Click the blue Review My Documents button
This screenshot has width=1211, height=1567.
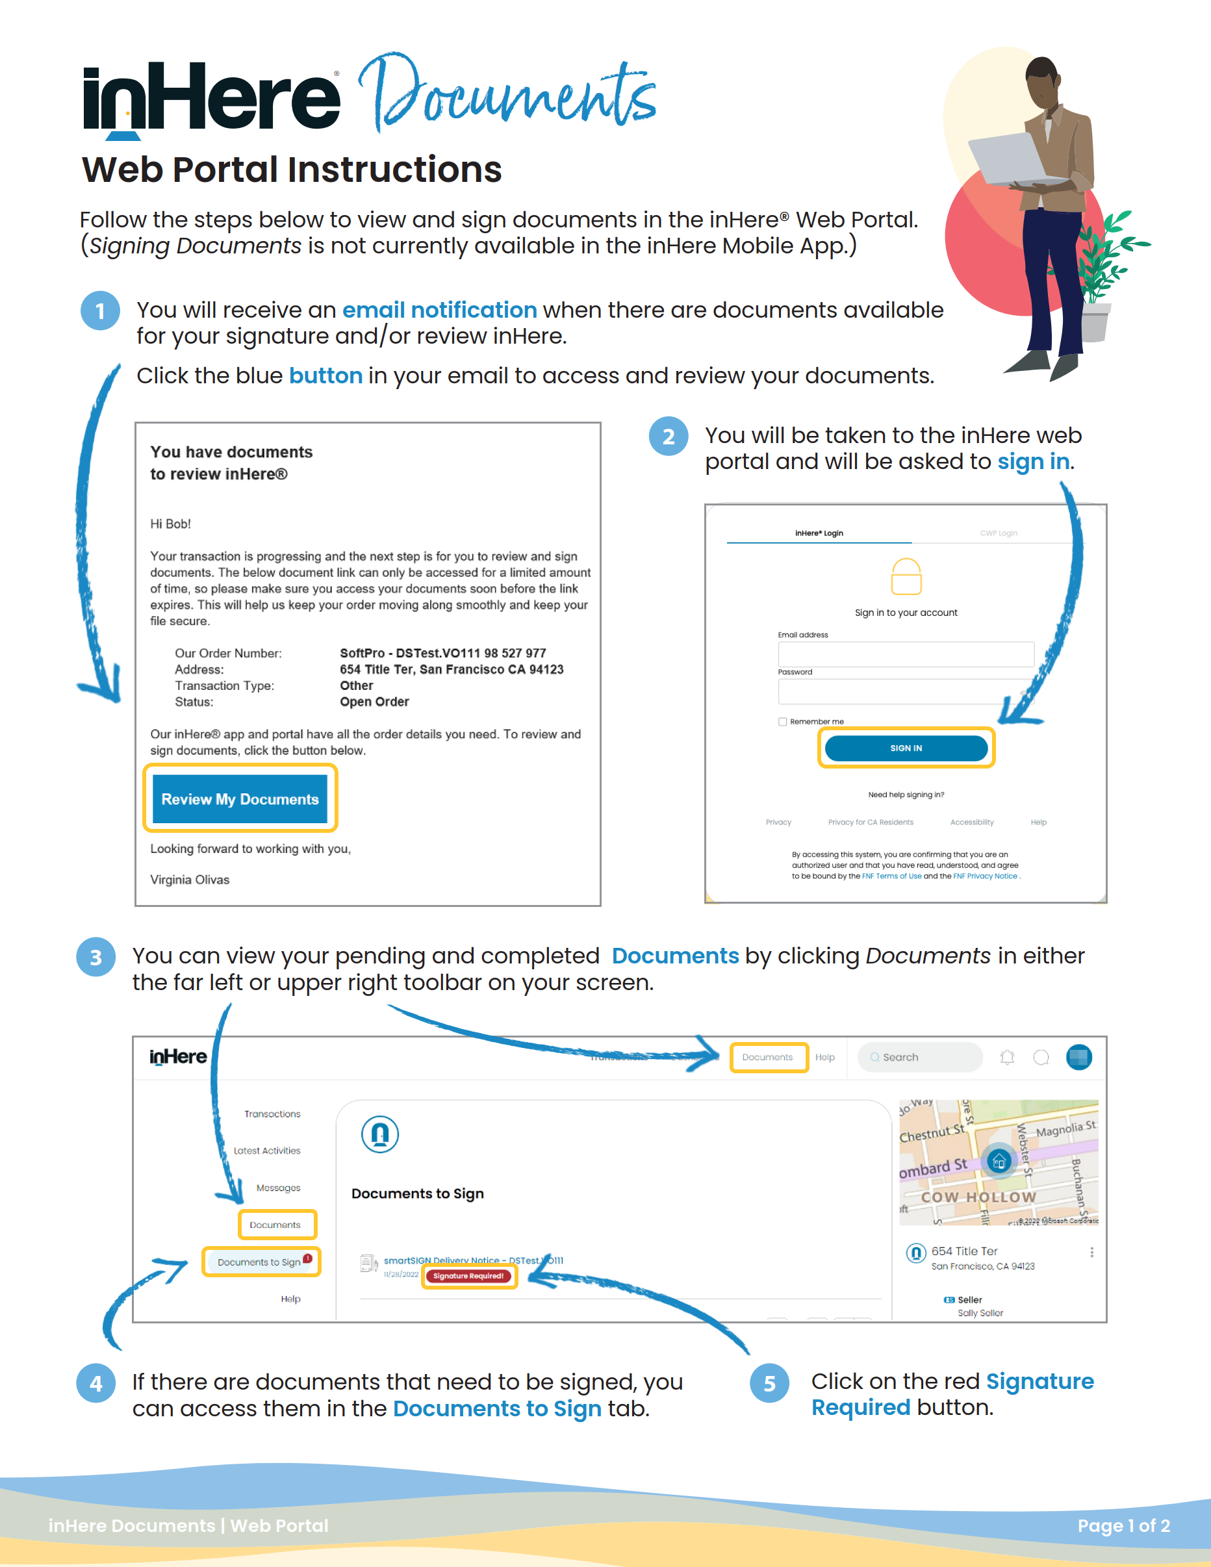240,798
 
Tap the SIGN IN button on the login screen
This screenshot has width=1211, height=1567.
906,748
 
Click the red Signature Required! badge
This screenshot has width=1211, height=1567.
468,1276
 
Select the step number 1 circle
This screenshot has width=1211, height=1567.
99,311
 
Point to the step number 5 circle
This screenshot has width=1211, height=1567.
769,1382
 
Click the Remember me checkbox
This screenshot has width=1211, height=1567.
783,722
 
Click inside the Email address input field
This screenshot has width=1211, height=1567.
906,654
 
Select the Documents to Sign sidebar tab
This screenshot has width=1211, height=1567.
261,1262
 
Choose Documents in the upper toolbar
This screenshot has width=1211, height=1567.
768,1057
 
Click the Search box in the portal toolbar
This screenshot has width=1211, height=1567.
921,1057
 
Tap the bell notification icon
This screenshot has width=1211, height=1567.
1007,1057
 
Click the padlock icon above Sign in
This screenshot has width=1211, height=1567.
906,577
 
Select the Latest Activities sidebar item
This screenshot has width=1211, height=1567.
267,1150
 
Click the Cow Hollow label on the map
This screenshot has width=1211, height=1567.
978,1197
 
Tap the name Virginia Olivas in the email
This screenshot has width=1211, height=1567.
190,880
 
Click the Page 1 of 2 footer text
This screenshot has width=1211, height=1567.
1123,1525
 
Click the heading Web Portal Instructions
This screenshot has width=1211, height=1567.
291,170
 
